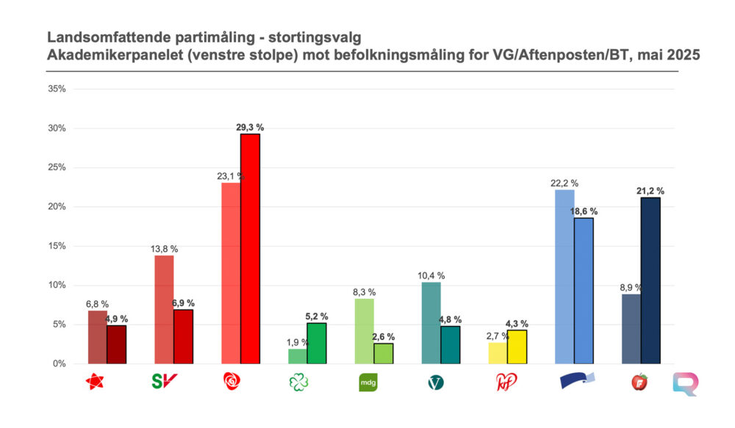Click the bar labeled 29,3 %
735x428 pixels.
(x=250, y=249)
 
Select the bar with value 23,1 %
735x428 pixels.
(x=231, y=273)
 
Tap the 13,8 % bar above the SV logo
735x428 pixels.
(x=164, y=309)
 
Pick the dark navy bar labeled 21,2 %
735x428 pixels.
(x=650, y=280)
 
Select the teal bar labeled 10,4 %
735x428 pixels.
(x=431, y=323)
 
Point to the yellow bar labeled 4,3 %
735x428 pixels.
(x=517, y=347)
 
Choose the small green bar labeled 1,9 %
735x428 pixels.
(x=298, y=356)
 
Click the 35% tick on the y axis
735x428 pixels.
(x=57, y=89)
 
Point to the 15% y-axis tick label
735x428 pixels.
(x=57, y=246)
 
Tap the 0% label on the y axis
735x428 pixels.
(x=60, y=363)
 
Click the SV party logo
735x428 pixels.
(x=164, y=382)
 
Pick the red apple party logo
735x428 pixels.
(x=639, y=382)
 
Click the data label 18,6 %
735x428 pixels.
(x=584, y=211)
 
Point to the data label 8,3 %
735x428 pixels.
(x=364, y=291)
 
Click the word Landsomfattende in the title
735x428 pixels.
(x=97, y=36)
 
